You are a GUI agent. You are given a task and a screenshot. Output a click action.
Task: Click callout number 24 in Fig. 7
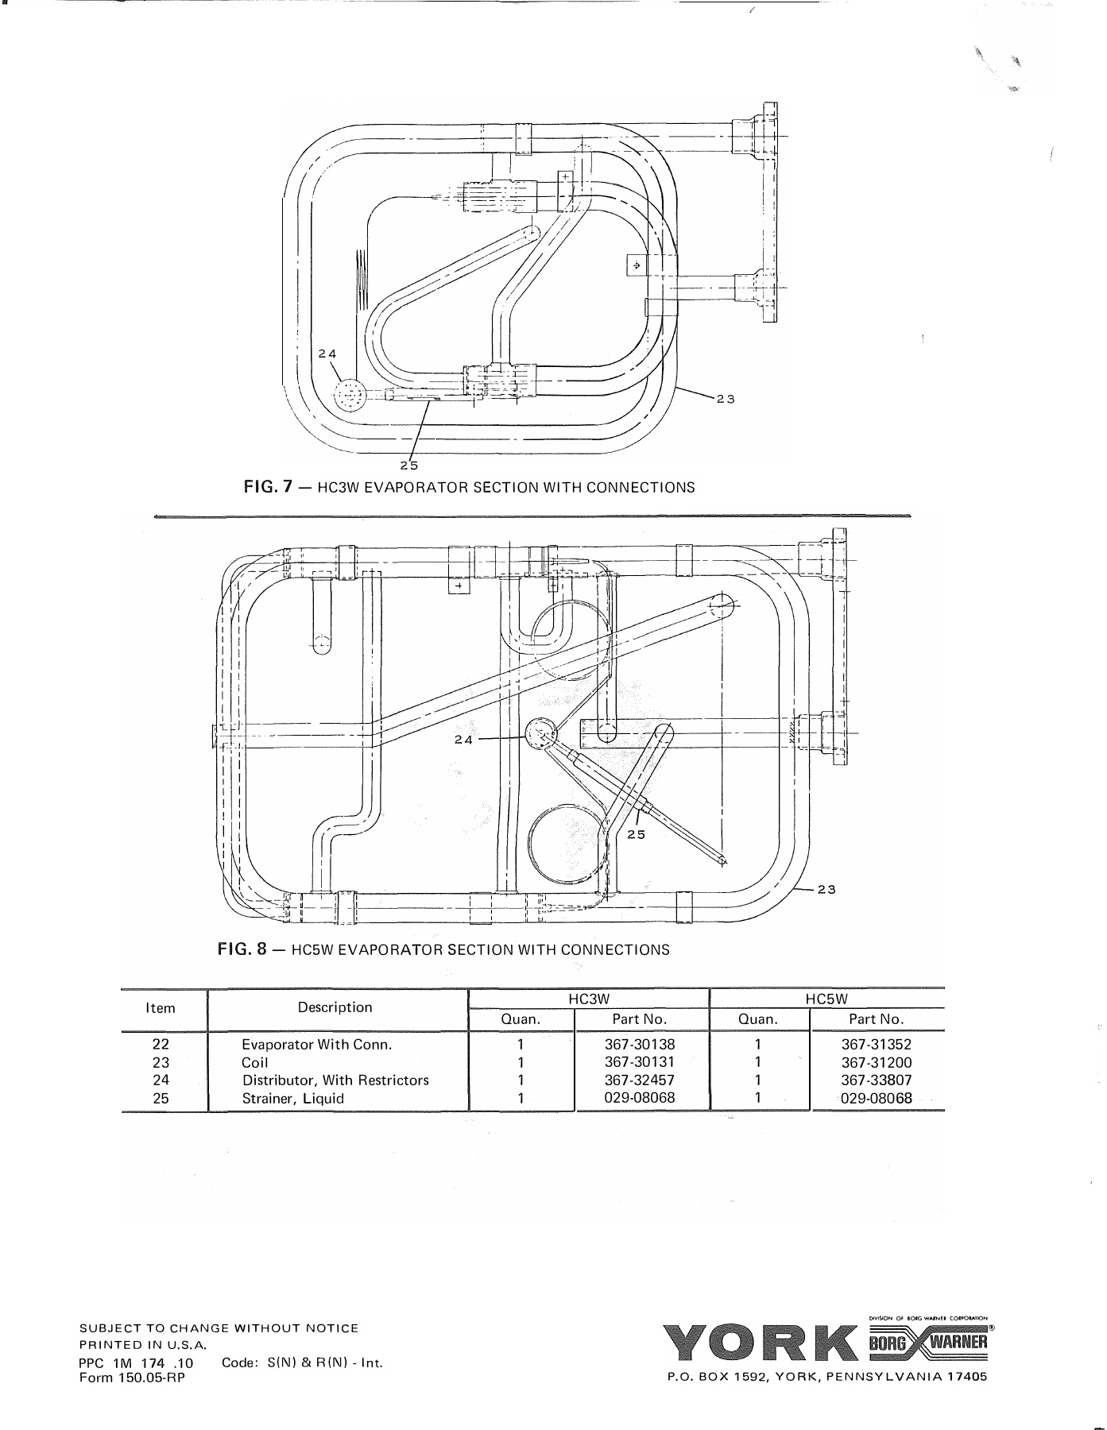point(327,354)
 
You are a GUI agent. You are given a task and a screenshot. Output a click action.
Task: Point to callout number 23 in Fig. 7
point(725,399)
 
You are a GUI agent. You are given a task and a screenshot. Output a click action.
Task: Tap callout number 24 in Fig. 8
point(463,739)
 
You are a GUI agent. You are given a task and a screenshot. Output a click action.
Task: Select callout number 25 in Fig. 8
point(636,834)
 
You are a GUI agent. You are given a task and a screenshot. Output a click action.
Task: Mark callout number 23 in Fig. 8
point(826,889)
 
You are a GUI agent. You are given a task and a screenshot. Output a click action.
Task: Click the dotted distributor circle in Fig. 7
point(349,395)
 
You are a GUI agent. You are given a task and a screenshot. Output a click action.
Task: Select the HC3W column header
point(589,999)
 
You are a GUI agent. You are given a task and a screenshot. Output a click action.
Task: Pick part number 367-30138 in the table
point(640,1045)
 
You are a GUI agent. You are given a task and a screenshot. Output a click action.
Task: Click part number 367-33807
point(877,1080)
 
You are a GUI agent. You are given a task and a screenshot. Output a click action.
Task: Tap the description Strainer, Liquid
point(293,1099)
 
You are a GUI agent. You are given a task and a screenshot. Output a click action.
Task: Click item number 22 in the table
point(161,1045)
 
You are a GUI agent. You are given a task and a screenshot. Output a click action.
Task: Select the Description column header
point(335,1007)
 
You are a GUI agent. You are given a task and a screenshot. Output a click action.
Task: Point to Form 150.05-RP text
point(132,1378)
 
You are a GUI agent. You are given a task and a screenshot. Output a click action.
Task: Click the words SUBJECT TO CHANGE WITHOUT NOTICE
point(219,1328)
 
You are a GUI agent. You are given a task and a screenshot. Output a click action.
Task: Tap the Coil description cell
point(255,1063)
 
